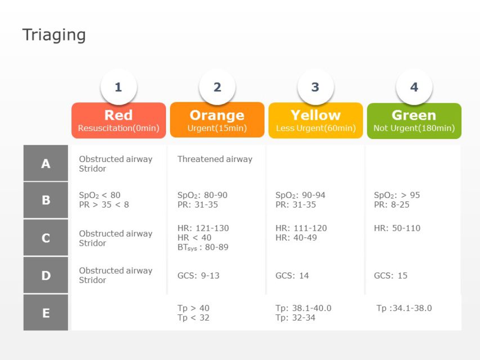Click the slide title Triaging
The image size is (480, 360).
pos(54,35)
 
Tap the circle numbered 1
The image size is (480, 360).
pos(118,87)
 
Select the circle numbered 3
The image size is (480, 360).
pos(315,87)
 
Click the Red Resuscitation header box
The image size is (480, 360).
pos(118,120)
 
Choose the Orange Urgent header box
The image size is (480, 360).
pos(217,120)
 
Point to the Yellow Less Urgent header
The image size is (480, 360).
pos(316,120)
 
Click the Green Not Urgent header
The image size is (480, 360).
pos(414,120)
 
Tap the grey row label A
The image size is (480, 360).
pos(46,164)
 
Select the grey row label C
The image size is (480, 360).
pos(46,238)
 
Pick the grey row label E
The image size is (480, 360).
pos(46,313)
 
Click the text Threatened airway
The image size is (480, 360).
pos(215,159)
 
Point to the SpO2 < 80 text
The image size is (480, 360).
pos(100,195)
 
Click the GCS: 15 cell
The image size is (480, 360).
pos(391,276)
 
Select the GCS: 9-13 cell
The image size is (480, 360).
pos(198,276)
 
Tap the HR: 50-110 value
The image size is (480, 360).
pos(397,228)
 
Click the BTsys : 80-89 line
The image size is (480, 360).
pos(203,247)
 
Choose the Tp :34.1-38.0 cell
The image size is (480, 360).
pos(404,308)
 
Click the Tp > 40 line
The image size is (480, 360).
pos(193,308)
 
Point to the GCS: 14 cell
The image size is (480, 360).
pos(292,276)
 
